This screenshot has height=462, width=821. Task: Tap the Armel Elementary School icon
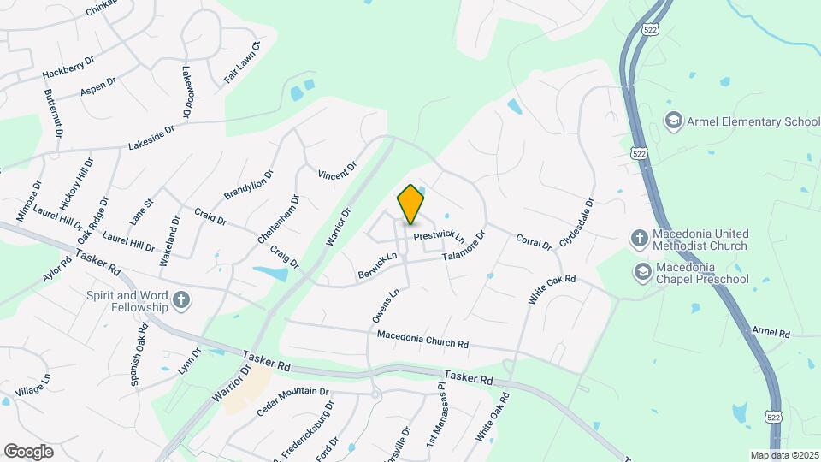click(x=673, y=121)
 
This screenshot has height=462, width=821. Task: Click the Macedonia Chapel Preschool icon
click(x=642, y=273)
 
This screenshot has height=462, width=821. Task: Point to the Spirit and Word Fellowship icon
click(x=180, y=300)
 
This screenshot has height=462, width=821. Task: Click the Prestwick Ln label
click(x=439, y=235)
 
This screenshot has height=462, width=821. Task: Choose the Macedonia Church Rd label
click(x=422, y=341)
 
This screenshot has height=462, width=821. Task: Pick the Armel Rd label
click(x=771, y=332)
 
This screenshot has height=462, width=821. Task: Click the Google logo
click(x=28, y=451)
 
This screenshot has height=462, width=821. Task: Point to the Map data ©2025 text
click(x=783, y=455)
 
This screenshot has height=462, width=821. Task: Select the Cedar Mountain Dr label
click(x=292, y=402)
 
